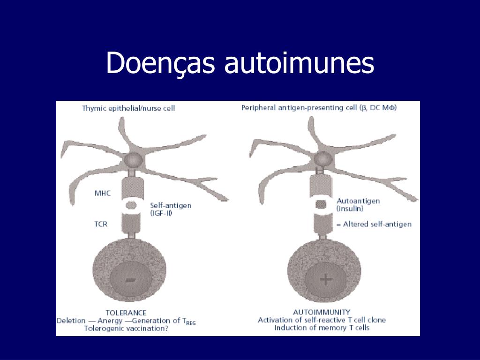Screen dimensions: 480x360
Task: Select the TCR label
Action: pyautogui.click(x=101, y=224)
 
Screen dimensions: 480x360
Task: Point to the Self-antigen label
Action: pyautogui.click(x=171, y=205)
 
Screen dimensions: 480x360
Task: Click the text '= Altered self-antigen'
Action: pyautogui.click(x=374, y=224)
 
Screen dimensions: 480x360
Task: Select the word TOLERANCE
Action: pyautogui.click(x=126, y=313)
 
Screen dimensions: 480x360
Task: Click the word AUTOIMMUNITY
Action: pyautogui.click(x=322, y=312)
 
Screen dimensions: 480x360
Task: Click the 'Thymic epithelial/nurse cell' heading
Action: pyautogui.click(x=128, y=108)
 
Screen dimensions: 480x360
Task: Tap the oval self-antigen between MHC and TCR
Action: pyautogui.click(x=130, y=205)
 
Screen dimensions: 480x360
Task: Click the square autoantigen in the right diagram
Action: pyautogui.click(x=320, y=204)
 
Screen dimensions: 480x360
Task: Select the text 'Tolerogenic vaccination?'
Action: pyautogui.click(x=126, y=328)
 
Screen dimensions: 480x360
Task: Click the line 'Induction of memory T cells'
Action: pyautogui.click(x=322, y=328)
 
